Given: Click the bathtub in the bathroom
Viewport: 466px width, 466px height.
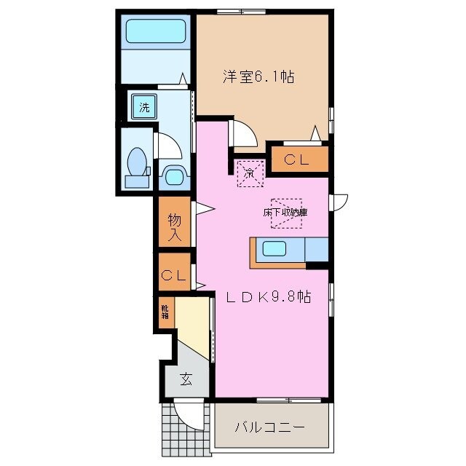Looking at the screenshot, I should [x=155, y=32].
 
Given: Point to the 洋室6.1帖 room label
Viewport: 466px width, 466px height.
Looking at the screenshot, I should [x=258, y=76].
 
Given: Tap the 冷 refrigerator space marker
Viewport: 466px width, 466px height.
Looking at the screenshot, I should [x=248, y=173].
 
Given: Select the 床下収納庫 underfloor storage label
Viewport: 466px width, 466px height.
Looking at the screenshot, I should [x=286, y=212].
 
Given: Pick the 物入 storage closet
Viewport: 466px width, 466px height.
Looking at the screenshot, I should [x=175, y=226].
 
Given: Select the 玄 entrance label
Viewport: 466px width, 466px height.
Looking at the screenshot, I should [x=186, y=379].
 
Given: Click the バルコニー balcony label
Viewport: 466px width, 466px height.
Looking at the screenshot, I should [x=269, y=427].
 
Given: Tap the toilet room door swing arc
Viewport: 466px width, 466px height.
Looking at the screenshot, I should [x=168, y=145].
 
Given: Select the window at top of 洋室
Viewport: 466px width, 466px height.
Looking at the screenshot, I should [x=241, y=12].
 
